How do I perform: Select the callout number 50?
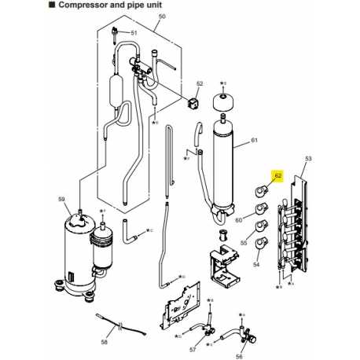(162, 16)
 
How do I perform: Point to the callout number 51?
(133, 33)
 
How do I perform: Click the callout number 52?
(200, 83)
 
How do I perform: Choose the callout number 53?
(307, 160)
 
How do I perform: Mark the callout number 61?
(254, 140)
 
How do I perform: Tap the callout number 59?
(62, 199)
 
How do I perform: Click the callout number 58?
(105, 342)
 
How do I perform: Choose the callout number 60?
(238, 221)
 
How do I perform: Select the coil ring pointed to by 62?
(259, 189)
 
